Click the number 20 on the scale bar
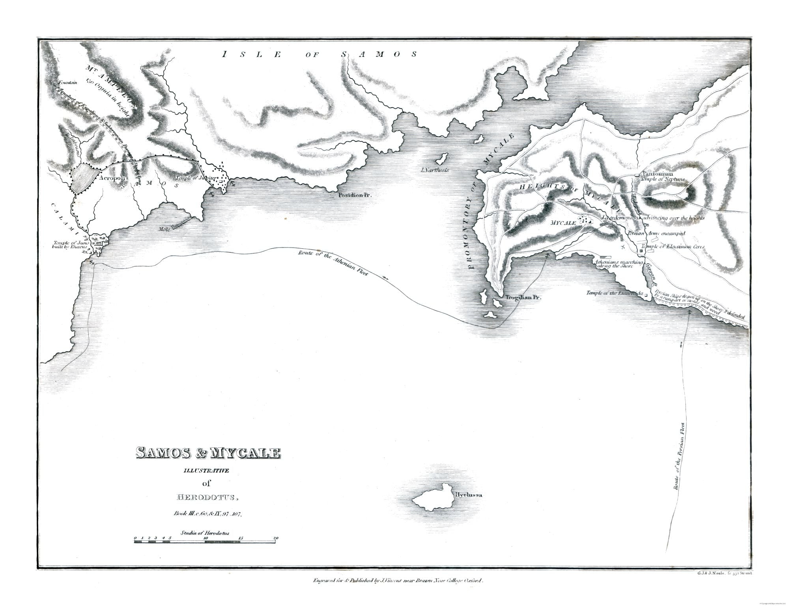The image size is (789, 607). tap(276, 538)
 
